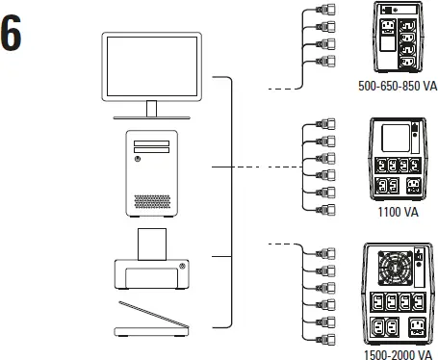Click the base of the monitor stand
point(155,115)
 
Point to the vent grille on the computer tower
point(155,202)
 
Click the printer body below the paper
point(155,276)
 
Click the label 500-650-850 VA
point(397,86)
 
